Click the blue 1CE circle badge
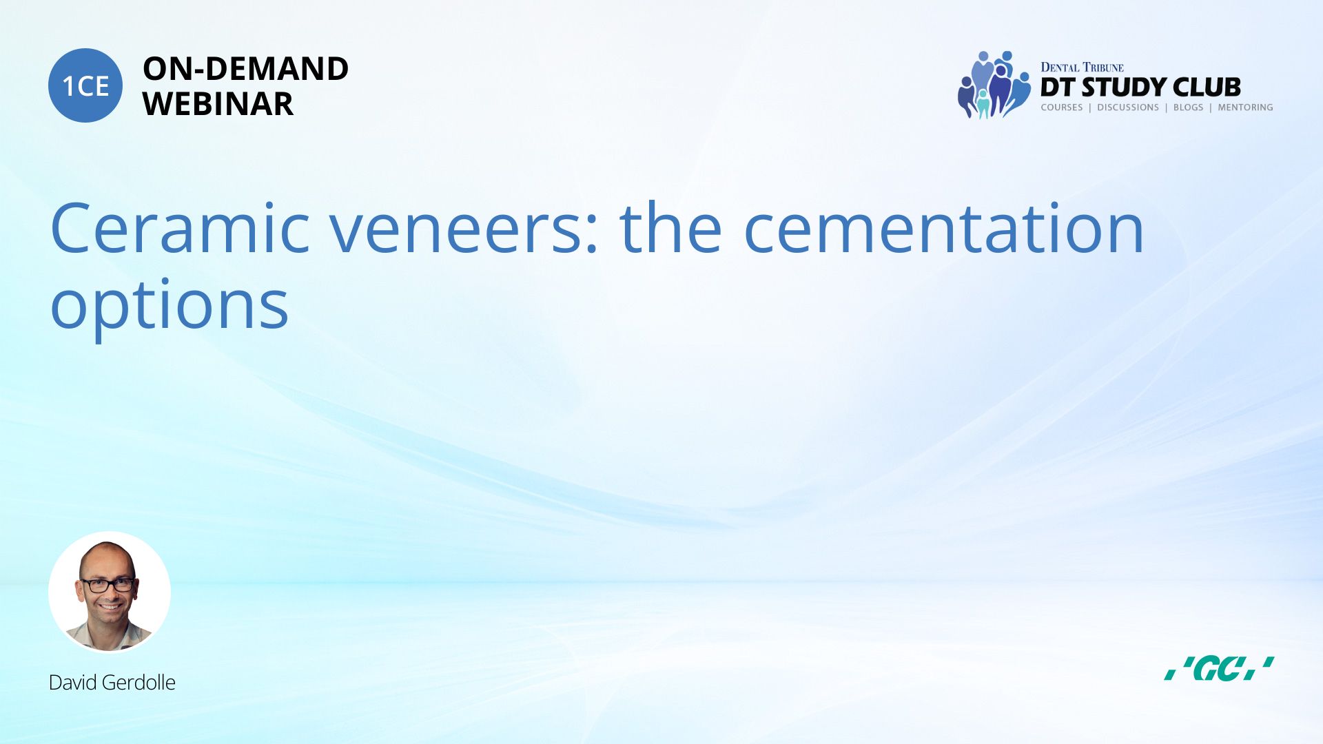pos(85,85)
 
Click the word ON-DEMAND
pos(245,69)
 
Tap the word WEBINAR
pos(218,104)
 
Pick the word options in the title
pos(170,306)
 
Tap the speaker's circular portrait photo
pos(110,592)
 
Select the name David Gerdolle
pos(112,683)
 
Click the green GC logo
pos(1219,669)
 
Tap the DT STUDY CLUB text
pos(1140,87)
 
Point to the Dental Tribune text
pos(1082,67)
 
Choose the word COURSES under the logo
pos(1062,107)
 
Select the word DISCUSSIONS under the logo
pos(1128,107)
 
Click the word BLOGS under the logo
pos(1188,107)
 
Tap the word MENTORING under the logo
pos(1245,107)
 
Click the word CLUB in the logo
pos(1207,87)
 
